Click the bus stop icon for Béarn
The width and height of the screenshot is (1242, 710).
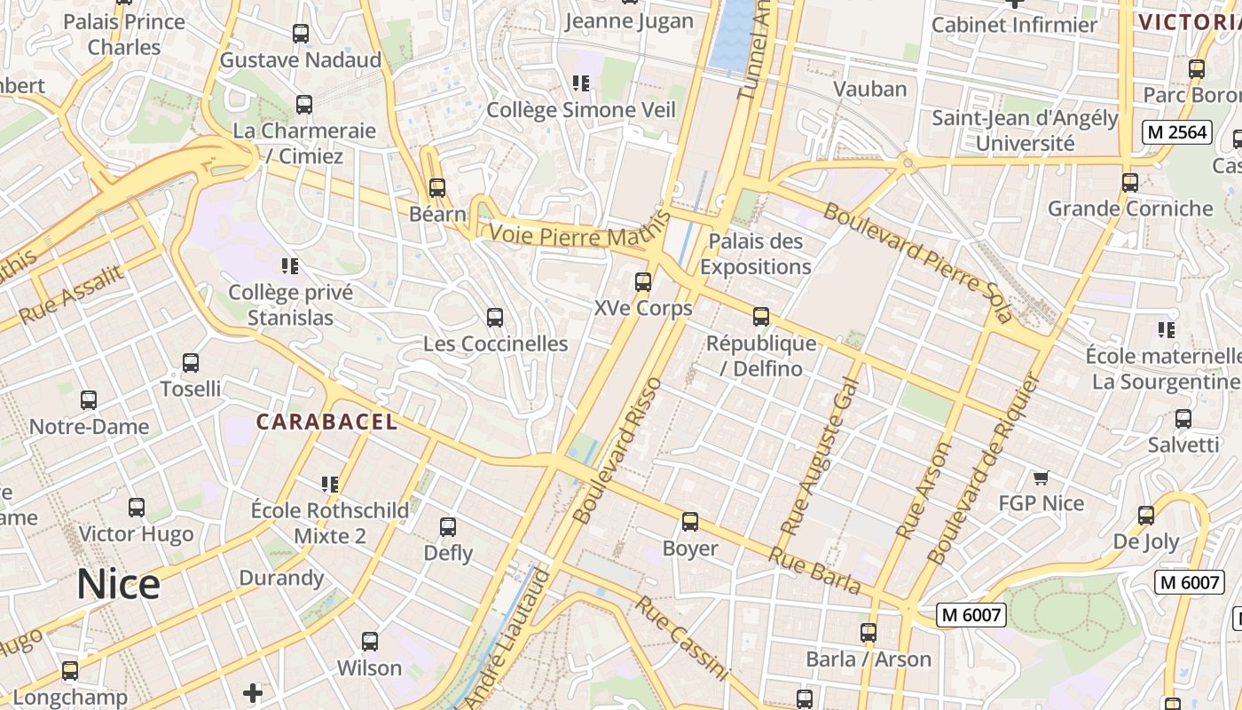pyautogui.click(x=436, y=188)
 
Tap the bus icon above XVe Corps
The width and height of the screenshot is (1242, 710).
pyautogui.click(x=643, y=282)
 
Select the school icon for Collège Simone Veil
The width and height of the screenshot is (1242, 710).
pyautogui.click(x=581, y=83)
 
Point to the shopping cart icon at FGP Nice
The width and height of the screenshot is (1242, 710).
pyautogui.click(x=1041, y=477)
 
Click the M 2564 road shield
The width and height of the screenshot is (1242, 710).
pyautogui.click(x=1176, y=132)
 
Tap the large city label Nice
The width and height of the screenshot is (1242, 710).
pyautogui.click(x=118, y=584)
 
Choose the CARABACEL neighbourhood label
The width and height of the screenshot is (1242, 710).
pyautogui.click(x=326, y=422)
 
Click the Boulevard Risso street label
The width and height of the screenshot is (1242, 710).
pyautogui.click(x=617, y=450)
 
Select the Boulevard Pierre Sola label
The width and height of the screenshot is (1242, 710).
pyautogui.click(x=917, y=262)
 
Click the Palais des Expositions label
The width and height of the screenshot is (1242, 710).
pyautogui.click(x=756, y=254)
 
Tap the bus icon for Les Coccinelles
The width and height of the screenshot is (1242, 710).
pyautogui.click(x=495, y=317)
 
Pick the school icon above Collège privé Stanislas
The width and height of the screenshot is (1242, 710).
pyautogui.click(x=289, y=265)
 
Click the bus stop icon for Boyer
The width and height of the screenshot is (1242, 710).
pyautogui.click(x=690, y=522)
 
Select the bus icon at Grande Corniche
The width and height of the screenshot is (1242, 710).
pyautogui.click(x=1129, y=183)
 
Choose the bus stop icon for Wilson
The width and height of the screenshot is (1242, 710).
pyautogui.click(x=370, y=641)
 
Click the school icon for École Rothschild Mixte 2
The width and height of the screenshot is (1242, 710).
pyautogui.click(x=330, y=484)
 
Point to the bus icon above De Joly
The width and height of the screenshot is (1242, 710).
pyautogui.click(x=1146, y=515)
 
